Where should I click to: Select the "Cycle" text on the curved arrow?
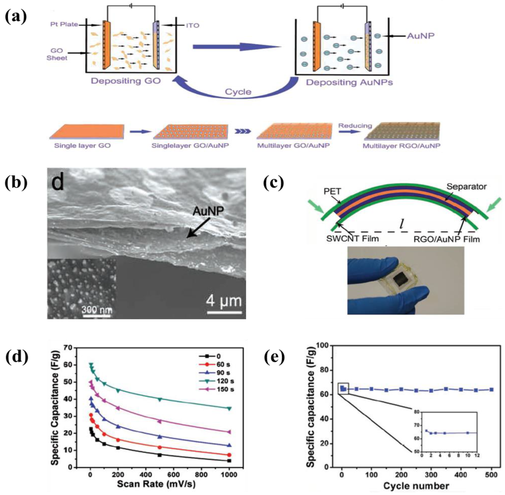(x=238, y=92)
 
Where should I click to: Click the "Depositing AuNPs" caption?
(x=349, y=82)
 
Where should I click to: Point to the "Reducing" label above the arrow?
(x=355, y=126)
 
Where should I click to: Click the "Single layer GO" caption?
(x=82, y=146)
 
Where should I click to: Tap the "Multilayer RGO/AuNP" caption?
(x=401, y=146)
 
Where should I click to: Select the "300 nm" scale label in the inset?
(x=97, y=310)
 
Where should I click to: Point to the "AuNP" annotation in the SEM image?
(x=208, y=211)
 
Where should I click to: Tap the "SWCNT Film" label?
(x=353, y=238)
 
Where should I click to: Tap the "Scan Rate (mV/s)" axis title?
(x=156, y=484)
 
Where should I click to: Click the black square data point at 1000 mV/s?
(x=229, y=461)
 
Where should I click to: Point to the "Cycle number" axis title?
(x=416, y=486)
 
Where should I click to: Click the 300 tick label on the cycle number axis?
(x=431, y=475)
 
